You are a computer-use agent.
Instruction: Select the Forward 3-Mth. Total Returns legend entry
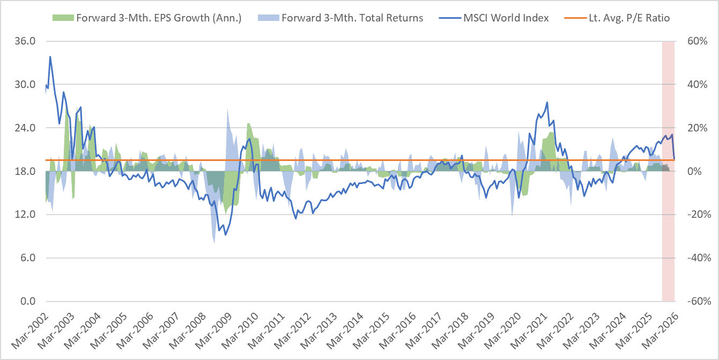pyautogui.click(x=352, y=18)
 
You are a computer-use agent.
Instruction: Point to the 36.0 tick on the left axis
pyautogui.click(x=25, y=41)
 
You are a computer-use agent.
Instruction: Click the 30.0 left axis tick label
pyautogui.click(x=25, y=85)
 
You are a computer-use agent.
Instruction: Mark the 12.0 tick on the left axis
pyautogui.click(x=25, y=215)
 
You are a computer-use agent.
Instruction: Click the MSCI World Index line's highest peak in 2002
pyautogui.click(x=50, y=56)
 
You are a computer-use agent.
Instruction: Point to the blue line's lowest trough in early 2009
pyautogui.click(x=225, y=234)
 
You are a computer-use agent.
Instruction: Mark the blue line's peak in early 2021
pyautogui.click(x=547, y=102)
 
